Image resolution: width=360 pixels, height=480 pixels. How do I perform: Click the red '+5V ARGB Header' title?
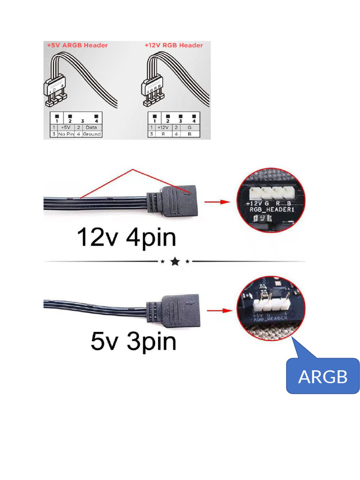pos(77,45)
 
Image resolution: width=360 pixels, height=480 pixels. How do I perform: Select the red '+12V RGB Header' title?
pos(174,45)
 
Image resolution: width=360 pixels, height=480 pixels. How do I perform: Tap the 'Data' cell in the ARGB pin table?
pos(92,127)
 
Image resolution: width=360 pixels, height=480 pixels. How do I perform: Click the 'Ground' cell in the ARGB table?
pos(92,134)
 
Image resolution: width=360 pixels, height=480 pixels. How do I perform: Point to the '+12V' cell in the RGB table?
pos(163,127)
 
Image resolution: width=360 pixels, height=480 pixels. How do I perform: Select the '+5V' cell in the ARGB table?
pos(66,127)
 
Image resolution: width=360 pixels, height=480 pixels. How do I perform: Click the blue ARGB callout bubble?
pos(323,376)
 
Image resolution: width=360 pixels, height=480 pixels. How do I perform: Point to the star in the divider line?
pos(175,262)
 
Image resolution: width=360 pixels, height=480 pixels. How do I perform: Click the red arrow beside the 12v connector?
pos(219,202)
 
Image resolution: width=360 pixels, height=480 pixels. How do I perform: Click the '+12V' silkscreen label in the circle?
pos(254,204)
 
